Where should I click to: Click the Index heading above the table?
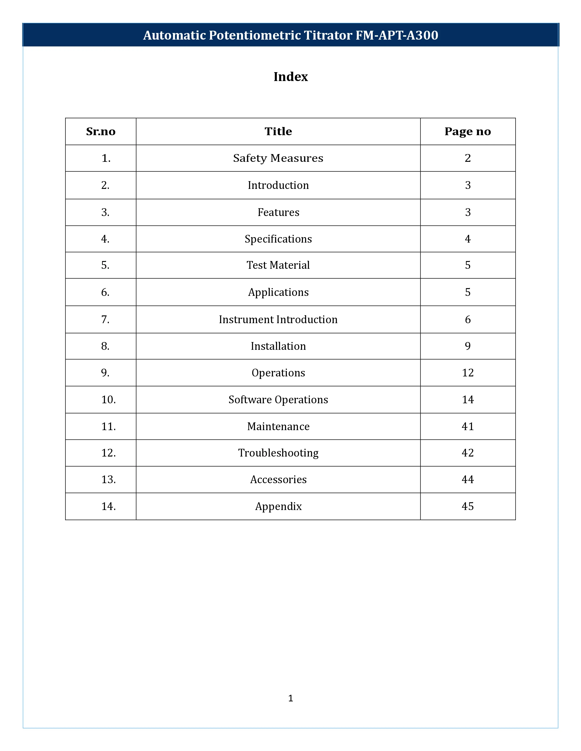click(290, 77)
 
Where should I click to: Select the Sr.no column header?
click(100, 131)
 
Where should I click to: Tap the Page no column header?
click(467, 131)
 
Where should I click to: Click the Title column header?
click(278, 131)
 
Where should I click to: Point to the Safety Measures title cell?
click(278, 158)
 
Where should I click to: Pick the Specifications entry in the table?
click(278, 239)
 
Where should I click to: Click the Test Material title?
click(278, 265)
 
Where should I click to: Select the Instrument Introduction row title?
click(278, 320)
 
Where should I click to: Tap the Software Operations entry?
click(278, 400)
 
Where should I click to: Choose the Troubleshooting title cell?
click(278, 453)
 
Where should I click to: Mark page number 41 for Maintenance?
click(467, 426)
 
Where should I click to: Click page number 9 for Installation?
click(467, 346)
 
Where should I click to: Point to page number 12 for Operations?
click(467, 373)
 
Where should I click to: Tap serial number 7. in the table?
click(105, 320)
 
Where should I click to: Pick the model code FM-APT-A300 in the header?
click(396, 35)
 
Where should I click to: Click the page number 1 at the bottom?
click(290, 698)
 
